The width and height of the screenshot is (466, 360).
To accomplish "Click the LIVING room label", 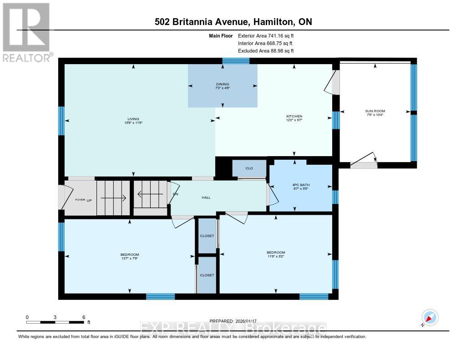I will click(x=133, y=119).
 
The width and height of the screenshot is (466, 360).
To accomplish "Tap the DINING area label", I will click(x=223, y=84).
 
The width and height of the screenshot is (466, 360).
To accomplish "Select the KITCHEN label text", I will click(x=294, y=117).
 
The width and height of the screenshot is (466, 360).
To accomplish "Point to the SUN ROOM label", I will click(x=375, y=111).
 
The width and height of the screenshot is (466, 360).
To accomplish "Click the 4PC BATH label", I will click(x=300, y=184).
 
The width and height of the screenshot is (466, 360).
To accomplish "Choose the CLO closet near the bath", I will click(x=249, y=168).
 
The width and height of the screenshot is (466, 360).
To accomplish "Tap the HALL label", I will click(x=206, y=198).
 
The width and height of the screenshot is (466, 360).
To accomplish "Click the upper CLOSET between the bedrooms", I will click(x=207, y=236).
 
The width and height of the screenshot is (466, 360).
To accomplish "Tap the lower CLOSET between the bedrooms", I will click(x=207, y=275).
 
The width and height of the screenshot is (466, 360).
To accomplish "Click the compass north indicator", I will click(x=430, y=318).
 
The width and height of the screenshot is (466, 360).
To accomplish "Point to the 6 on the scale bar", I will click(x=83, y=317).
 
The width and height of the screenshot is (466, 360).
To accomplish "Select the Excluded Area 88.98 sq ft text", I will click(x=266, y=51).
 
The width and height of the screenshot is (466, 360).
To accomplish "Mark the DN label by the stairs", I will click(x=175, y=194).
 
